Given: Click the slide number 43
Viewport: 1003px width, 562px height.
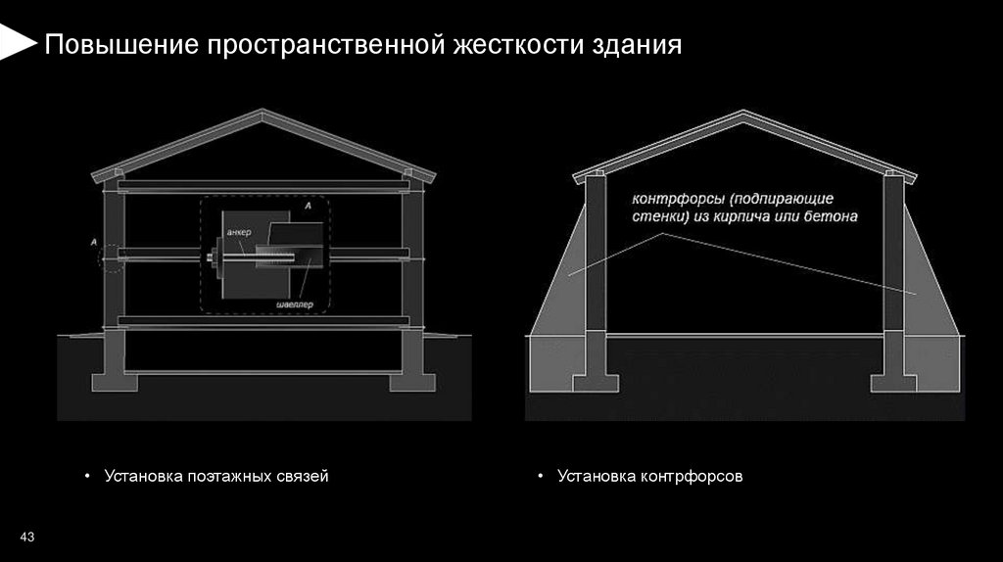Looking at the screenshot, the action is pos(27,538).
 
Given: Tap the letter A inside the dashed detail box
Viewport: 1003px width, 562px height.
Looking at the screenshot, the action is pos(309,207).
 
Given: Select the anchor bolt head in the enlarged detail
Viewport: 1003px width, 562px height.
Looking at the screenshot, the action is pos(212,258).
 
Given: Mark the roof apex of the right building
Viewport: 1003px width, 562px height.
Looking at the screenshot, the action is pos(745,116).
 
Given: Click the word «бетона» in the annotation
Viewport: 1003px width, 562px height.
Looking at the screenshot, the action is pos(833,217).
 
